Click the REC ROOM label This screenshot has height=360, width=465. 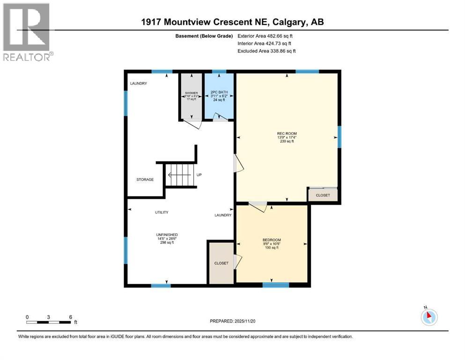tap(287, 134)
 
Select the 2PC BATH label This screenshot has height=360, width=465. tap(219, 92)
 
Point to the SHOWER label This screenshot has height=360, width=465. tap(191, 93)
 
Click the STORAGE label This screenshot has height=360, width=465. tap(145, 180)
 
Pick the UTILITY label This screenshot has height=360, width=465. tap(162, 212)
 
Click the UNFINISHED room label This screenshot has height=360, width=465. tap(167, 235)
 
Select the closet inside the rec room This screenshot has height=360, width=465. tap(323, 195)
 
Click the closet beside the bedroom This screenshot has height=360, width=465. tap(221, 263)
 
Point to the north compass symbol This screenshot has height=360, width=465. tap(429, 317)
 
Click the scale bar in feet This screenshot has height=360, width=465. tap(49, 322)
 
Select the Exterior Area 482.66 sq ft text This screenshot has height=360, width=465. tap(266, 36)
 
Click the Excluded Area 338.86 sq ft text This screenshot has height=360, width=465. tap(266, 51)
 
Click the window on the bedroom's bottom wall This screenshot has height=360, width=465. tap(276, 285)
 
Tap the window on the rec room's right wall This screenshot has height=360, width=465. tap(340, 136)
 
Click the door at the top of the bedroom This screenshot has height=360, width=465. tap(258, 205)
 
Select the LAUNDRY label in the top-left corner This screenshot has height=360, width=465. tap(139, 83)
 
